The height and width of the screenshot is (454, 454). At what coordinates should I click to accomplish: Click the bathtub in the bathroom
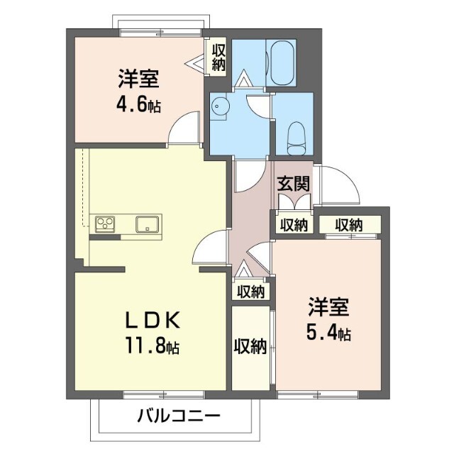[x=282, y=63]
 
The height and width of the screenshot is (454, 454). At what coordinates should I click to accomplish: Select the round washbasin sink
[x=219, y=106]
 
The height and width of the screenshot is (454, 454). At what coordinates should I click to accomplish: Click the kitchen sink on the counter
[x=147, y=224]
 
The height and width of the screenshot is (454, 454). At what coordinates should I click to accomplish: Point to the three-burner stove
[x=105, y=224]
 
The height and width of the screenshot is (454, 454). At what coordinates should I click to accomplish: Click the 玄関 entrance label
[x=293, y=184]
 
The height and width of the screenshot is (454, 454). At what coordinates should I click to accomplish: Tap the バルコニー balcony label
[x=179, y=416]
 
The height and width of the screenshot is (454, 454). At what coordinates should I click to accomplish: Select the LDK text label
[x=153, y=320]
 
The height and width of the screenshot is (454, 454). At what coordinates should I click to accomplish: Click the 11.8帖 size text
[x=152, y=345]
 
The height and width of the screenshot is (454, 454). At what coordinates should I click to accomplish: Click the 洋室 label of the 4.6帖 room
[x=138, y=79]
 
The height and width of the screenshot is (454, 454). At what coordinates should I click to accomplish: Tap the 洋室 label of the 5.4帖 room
[x=328, y=306]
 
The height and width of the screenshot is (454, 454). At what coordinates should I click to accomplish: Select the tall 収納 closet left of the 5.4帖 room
[x=250, y=347]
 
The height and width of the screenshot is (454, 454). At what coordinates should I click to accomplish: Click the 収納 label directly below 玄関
[x=294, y=225]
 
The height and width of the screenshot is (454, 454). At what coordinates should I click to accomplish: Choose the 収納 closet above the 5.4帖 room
[x=349, y=225]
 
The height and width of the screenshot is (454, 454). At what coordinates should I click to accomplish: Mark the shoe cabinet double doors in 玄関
[x=294, y=201]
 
